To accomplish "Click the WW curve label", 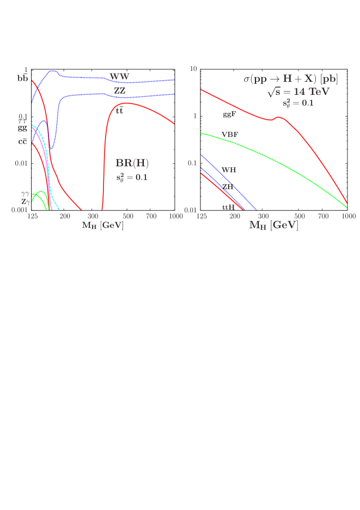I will pos(119,76).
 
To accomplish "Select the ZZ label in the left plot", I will pos(120,90).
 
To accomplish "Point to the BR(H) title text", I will pos(132,163).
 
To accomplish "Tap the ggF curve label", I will pos(229,115).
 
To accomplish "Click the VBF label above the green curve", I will pos(230,134).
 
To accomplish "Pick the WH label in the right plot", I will pos(229,170).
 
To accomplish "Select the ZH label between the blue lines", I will pos(228,186).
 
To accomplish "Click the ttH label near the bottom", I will pos(228,207).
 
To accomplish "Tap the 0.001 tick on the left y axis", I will pos(19,210).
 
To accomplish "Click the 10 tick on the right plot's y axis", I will pos(193,69).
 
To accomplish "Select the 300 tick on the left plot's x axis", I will pos(92,216).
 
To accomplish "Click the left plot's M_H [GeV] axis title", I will pos(102,225).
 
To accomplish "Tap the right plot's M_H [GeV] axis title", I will pos(273,225).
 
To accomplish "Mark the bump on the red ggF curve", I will pos(279,117).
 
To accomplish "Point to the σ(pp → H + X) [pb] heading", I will pos(290,79).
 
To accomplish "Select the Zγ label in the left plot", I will pos(26,202).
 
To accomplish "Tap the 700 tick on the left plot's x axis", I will pos(151,216).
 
